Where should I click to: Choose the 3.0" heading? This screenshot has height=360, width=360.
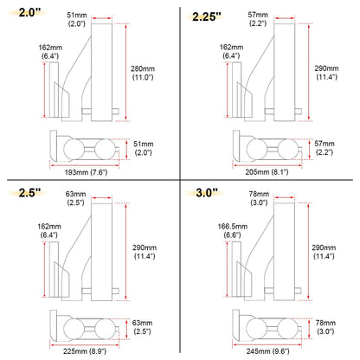pyautogui.click(x=209, y=193)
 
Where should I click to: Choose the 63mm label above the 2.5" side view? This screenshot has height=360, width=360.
pyautogui.click(x=74, y=199)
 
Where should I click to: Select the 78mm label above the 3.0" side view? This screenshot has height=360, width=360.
pyautogui.click(x=256, y=199)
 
